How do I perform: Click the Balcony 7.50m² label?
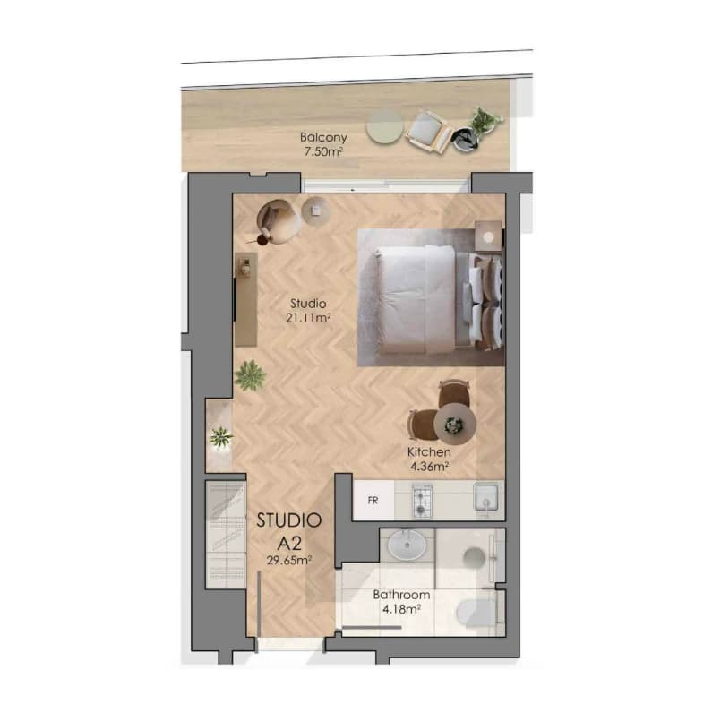[x=323, y=144]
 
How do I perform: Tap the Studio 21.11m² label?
[x=308, y=311]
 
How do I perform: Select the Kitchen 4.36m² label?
[x=429, y=459]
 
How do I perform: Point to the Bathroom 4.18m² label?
[x=401, y=602]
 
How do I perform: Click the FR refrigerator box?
[x=373, y=500]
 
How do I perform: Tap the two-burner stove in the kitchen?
[x=422, y=500]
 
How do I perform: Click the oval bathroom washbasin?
[x=407, y=545]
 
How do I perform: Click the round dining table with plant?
[x=455, y=425]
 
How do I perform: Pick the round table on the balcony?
[x=384, y=126]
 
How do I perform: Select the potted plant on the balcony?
[x=485, y=119]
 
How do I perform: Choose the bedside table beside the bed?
[x=488, y=236]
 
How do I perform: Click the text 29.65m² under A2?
[x=289, y=560]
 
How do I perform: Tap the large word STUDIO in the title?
[x=289, y=520]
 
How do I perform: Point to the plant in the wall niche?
[x=221, y=437]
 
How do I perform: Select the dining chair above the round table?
[x=454, y=393]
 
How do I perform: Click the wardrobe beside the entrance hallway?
[x=226, y=535]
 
